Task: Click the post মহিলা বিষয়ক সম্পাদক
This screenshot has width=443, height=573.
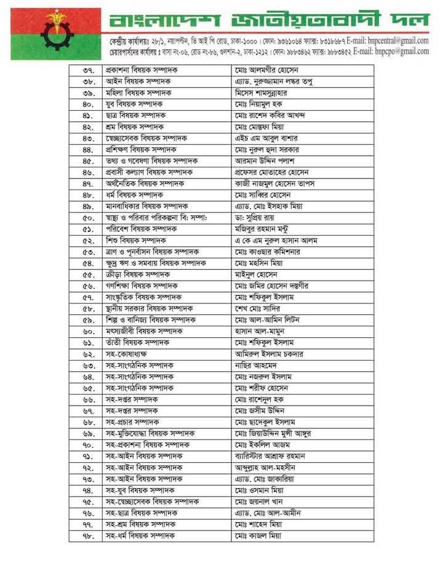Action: (138, 93)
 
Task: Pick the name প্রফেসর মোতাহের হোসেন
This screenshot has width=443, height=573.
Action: (274, 172)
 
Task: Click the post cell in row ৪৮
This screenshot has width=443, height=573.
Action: (134, 194)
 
